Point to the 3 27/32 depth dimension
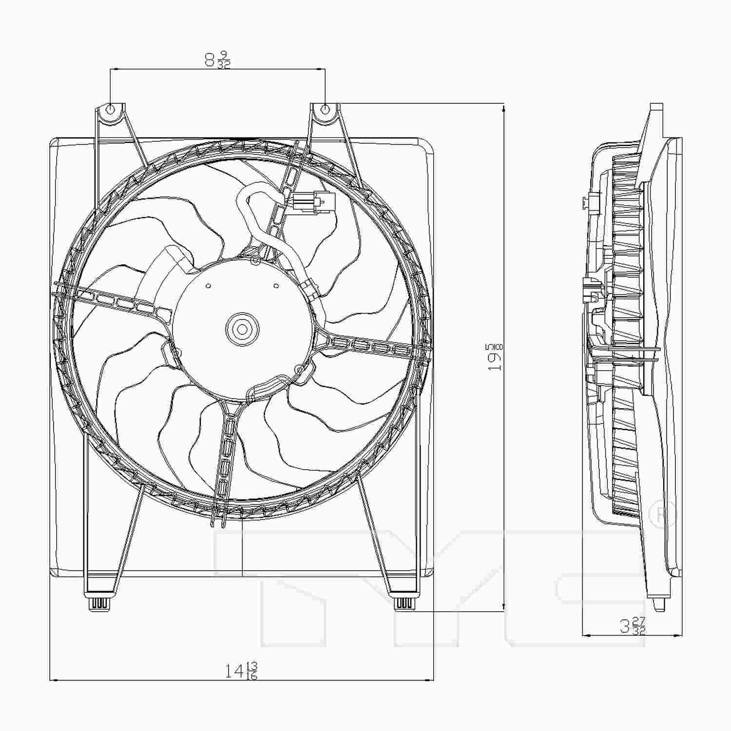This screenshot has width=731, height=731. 633,625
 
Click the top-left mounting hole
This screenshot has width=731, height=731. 111,109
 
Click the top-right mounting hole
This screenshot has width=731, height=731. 326,109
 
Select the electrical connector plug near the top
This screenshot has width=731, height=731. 316,201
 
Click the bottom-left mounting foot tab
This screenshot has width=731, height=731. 99,603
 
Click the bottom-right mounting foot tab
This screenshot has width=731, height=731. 404,603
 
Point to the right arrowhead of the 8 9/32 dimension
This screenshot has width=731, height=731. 321,70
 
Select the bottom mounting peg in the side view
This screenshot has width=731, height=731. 659,604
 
